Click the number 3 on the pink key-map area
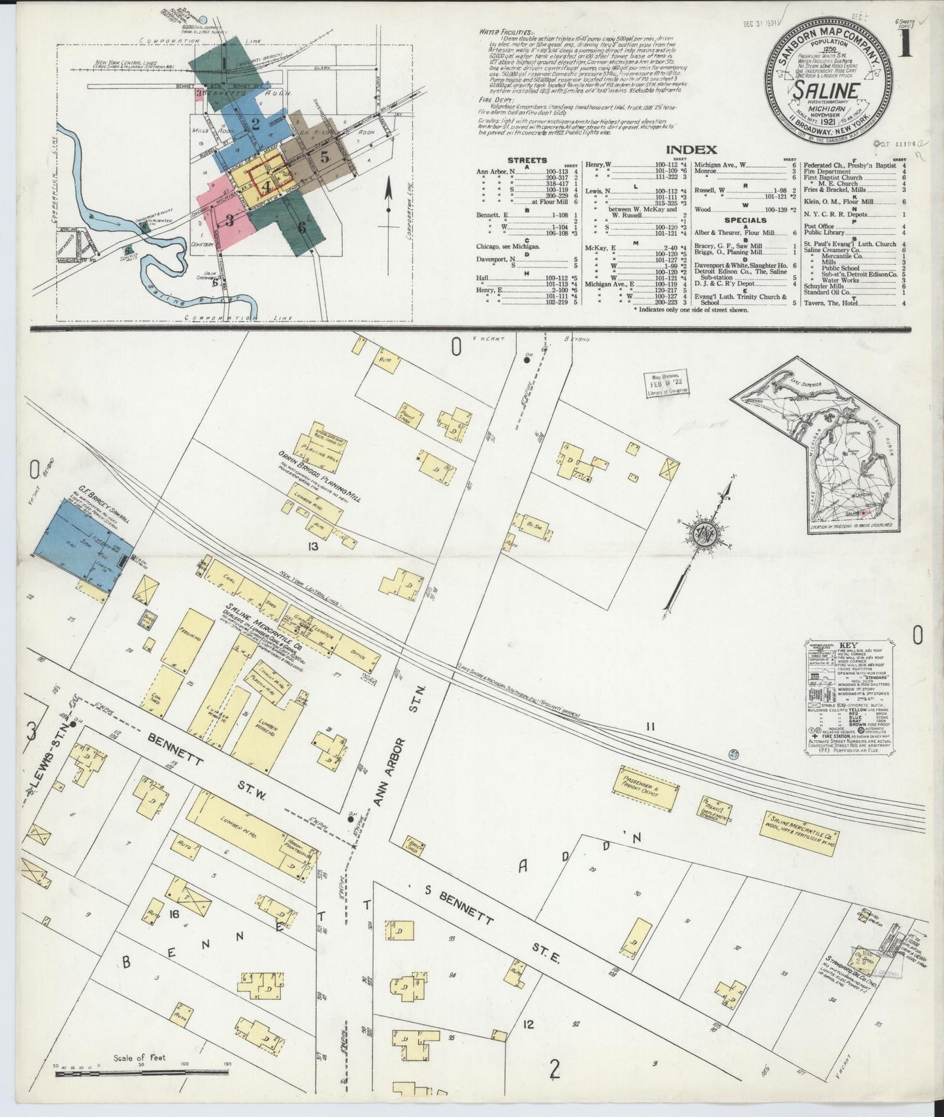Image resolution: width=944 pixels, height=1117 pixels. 230,219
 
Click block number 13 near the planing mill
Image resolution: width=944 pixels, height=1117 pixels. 313,545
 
